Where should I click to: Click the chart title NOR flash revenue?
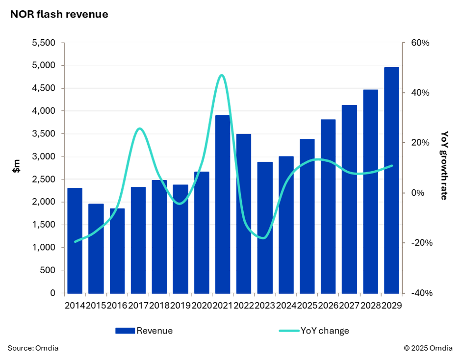coord(59,15)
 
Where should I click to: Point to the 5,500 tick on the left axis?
coord(44,43)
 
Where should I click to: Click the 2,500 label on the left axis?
coord(44,180)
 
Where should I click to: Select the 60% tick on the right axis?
coord(420,43)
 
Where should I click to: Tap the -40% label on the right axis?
coord(421,293)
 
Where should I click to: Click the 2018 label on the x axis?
coord(159,306)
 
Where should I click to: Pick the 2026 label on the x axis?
coord(328,306)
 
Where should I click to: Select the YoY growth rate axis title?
coord(444,165)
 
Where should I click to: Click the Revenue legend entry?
coord(144,331)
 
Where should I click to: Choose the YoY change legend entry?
coord(314,331)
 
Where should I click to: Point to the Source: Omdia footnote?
coord(33,348)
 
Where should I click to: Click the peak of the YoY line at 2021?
coord(222,75)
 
